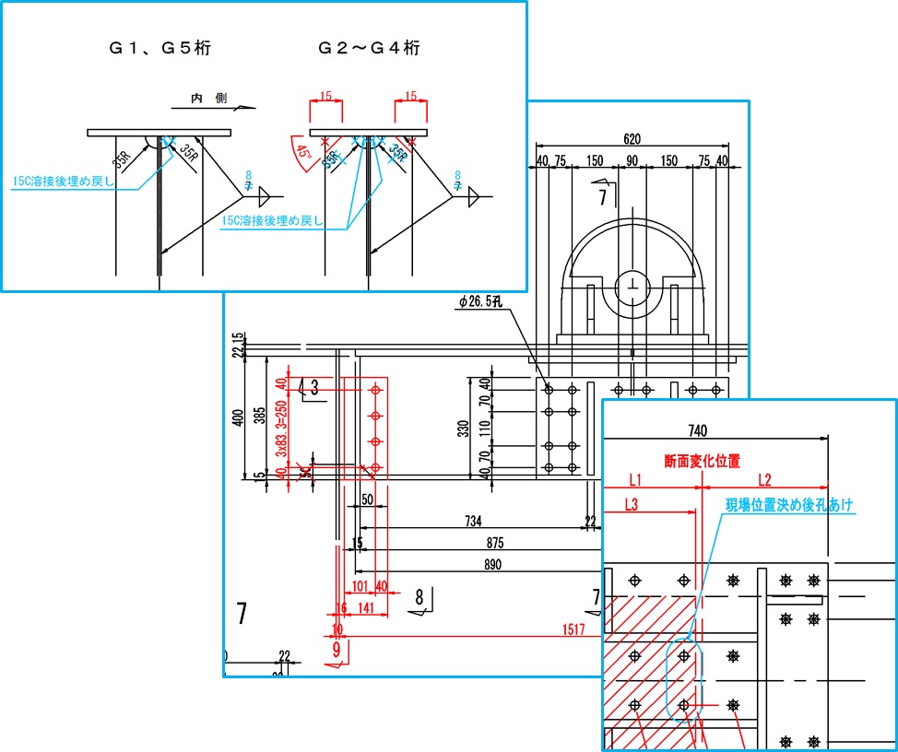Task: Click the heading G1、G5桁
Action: point(159,49)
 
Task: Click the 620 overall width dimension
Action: point(632,139)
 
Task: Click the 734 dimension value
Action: point(473,523)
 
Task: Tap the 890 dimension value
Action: point(493,564)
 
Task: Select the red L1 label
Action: point(635,480)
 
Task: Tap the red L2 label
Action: point(764,480)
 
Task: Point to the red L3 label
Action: point(632,504)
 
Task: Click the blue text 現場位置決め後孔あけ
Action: point(789,505)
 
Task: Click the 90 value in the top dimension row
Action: point(632,160)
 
